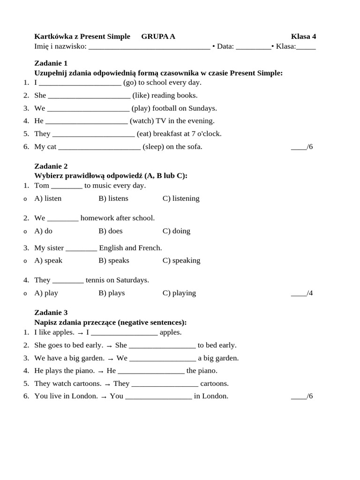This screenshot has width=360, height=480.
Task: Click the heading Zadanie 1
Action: tap(51, 63)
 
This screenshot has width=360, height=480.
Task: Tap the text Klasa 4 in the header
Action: tap(303, 36)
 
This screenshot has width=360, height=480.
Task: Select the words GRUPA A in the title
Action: tap(158, 36)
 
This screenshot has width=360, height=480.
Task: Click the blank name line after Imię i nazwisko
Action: tap(149, 46)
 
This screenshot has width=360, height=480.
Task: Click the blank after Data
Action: tap(253, 46)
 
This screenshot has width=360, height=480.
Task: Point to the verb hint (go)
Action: tap(130, 82)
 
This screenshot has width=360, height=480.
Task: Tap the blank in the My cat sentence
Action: tap(99, 147)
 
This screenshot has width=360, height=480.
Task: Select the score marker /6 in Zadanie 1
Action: tap(302, 147)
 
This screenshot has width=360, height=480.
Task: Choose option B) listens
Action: tap(113, 198)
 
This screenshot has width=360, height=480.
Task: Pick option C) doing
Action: tap(176, 231)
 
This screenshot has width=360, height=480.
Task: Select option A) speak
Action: tap(48, 260)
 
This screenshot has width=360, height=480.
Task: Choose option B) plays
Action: tap(112, 293)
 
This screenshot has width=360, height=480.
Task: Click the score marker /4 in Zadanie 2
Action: tap(302, 293)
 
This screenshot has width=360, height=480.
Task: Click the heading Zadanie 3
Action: tap(51, 312)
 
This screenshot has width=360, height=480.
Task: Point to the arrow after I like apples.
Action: tap(80, 333)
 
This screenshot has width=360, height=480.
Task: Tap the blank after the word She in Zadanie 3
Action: tap(162, 345)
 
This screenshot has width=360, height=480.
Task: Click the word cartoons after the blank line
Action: tap(214, 383)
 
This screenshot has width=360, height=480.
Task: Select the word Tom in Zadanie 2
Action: tap(42, 186)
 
